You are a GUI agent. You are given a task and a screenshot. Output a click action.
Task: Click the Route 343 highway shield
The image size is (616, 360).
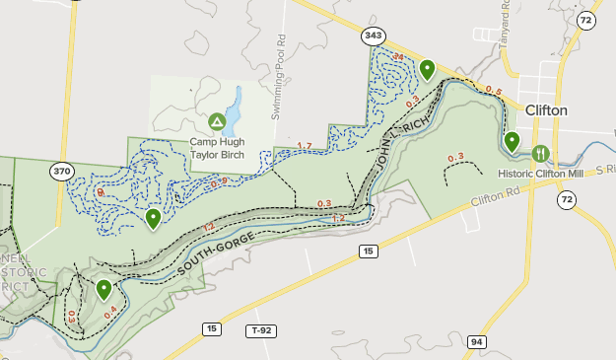tap(374, 36)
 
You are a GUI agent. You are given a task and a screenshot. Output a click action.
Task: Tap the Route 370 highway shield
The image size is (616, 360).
tap(62, 171)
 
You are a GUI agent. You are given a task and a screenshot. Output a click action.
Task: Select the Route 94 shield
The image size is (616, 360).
tap(478, 341)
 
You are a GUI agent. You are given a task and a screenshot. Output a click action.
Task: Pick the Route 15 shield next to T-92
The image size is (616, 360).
tap(212, 328)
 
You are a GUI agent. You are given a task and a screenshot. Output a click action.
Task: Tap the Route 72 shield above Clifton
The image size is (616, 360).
tap(586, 20)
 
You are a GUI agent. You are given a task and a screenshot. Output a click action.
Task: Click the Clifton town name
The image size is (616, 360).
tap(546, 110)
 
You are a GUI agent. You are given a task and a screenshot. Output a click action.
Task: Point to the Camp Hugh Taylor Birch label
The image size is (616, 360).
tap(216, 148)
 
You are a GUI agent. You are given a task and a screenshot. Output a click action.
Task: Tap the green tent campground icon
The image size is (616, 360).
tap(216, 121)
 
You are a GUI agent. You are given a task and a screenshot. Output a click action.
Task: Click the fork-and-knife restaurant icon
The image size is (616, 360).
tap(540, 153)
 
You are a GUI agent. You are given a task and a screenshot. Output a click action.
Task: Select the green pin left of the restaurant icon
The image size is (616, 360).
tap(512, 142)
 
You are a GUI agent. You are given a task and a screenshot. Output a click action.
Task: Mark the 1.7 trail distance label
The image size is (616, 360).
tap(304, 147)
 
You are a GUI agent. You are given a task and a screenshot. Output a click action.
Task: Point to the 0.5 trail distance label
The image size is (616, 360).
tap(494, 92)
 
